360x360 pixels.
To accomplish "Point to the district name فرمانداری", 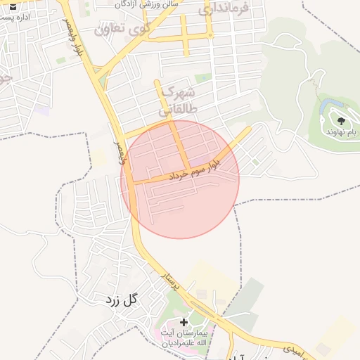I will coord(224,10).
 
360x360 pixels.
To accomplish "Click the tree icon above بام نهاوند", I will coord(341,121).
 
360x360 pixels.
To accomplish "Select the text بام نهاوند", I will coord(342,131).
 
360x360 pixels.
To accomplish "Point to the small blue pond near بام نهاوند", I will coord(328,107).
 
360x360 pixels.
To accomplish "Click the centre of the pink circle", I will coord(180,179).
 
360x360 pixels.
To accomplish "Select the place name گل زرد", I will coord(121,300).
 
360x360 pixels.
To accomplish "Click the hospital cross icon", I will coord(184,322).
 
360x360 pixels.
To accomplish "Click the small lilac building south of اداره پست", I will coord(44,110).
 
